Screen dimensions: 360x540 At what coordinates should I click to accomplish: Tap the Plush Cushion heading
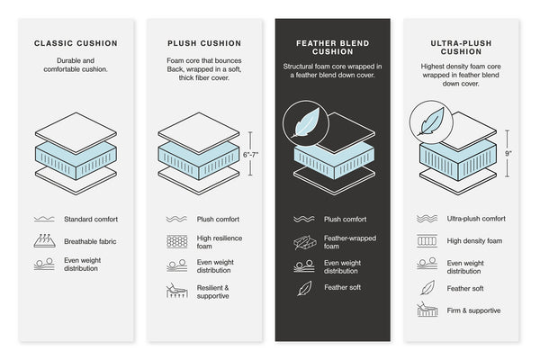pyautogui.click(x=203, y=42)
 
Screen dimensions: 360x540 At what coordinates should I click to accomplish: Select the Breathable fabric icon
pyautogui.click(x=44, y=241)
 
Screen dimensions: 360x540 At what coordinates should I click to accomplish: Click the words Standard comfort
pyautogui.click(x=91, y=219)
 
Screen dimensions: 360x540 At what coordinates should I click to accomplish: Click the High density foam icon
pyautogui.click(x=427, y=241)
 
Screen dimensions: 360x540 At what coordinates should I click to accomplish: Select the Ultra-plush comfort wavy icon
pyautogui.click(x=427, y=218)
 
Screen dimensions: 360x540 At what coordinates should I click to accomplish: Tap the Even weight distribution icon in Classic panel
pyautogui.click(x=44, y=265)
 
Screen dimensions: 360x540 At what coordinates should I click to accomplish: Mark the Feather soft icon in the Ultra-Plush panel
pyautogui.click(x=427, y=288)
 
